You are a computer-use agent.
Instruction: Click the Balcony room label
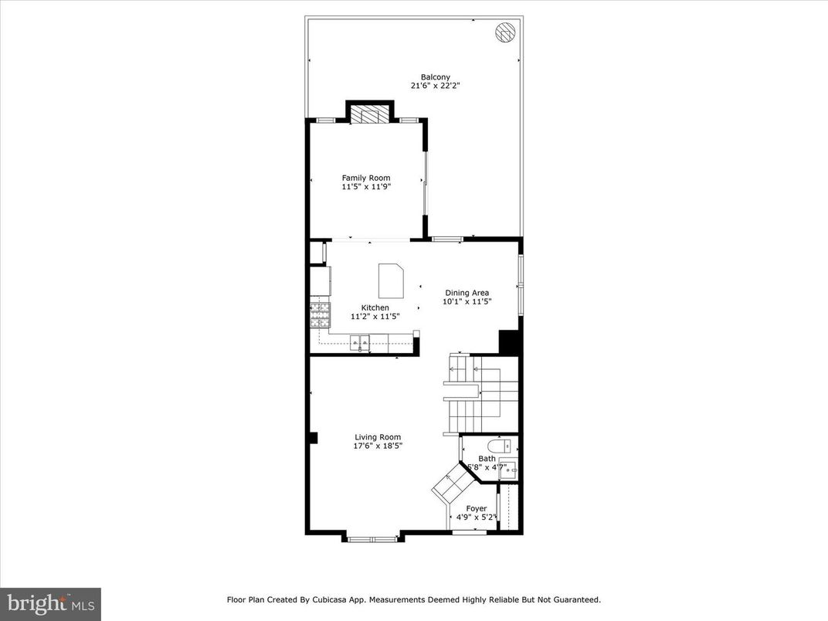tap(435, 76)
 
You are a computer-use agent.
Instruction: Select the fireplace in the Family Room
tap(370, 116)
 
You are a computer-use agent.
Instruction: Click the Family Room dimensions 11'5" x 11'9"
tap(366, 187)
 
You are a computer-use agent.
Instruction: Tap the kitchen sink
tap(360, 342)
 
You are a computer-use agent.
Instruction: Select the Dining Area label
tap(467, 293)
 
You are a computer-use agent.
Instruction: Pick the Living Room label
tap(378, 436)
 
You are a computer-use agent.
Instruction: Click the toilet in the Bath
tap(499, 446)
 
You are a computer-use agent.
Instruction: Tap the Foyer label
tap(477, 508)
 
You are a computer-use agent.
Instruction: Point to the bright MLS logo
tap(50, 603)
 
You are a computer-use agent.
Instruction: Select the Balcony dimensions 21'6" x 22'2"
tap(435, 86)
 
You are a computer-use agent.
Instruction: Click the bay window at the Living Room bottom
tap(372, 538)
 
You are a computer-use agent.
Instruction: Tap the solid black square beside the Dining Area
tap(508, 342)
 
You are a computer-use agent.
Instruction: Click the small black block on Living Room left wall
tap(313, 438)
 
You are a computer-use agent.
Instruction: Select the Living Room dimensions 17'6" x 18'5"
tap(378, 446)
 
